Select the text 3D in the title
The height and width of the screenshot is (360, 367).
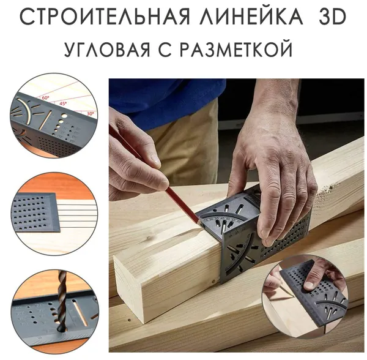tap(332, 17)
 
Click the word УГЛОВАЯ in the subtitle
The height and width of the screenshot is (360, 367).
tap(107, 49)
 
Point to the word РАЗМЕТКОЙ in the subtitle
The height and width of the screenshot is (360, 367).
tap(236, 49)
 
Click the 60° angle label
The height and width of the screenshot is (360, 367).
tap(45, 98)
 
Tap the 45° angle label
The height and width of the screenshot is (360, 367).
tap(63, 103)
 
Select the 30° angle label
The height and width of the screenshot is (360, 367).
tap(90, 114)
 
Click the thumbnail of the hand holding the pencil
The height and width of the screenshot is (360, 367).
tap(306, 296)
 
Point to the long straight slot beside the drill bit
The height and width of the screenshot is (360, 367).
tap(80, 313)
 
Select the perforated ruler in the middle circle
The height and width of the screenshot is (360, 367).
tap(35, 212)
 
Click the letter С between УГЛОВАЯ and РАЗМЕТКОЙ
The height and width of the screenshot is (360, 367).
tap(166, 49)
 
